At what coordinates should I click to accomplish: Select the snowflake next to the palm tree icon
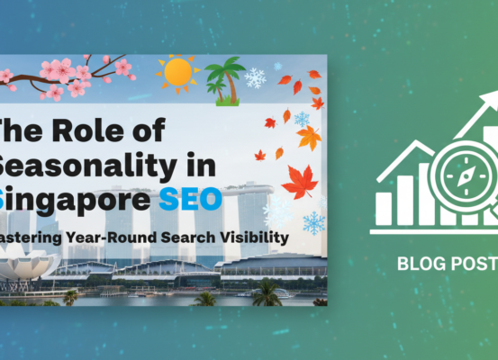[x=256, y=77]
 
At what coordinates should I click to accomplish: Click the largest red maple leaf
[x=300, y=181]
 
